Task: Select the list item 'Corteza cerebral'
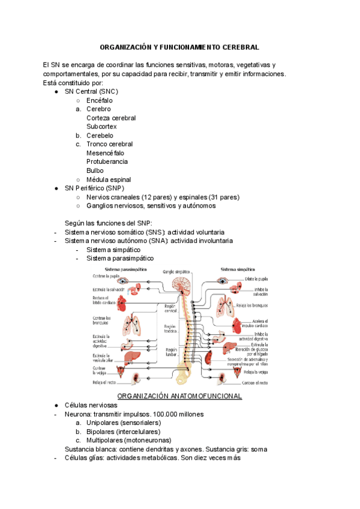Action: click(x=111, y=118)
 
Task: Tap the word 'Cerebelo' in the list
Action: click(x=100, y=136)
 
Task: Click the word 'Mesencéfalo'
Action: click(x=106, y=153)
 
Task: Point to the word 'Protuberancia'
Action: click(x=107, y=161)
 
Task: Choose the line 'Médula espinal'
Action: click(x=109, y=179)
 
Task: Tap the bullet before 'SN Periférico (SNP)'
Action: click(x=56, y=188)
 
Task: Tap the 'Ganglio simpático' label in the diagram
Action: click(x=177, y=271)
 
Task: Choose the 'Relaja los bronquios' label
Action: click(x=251, y=306)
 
